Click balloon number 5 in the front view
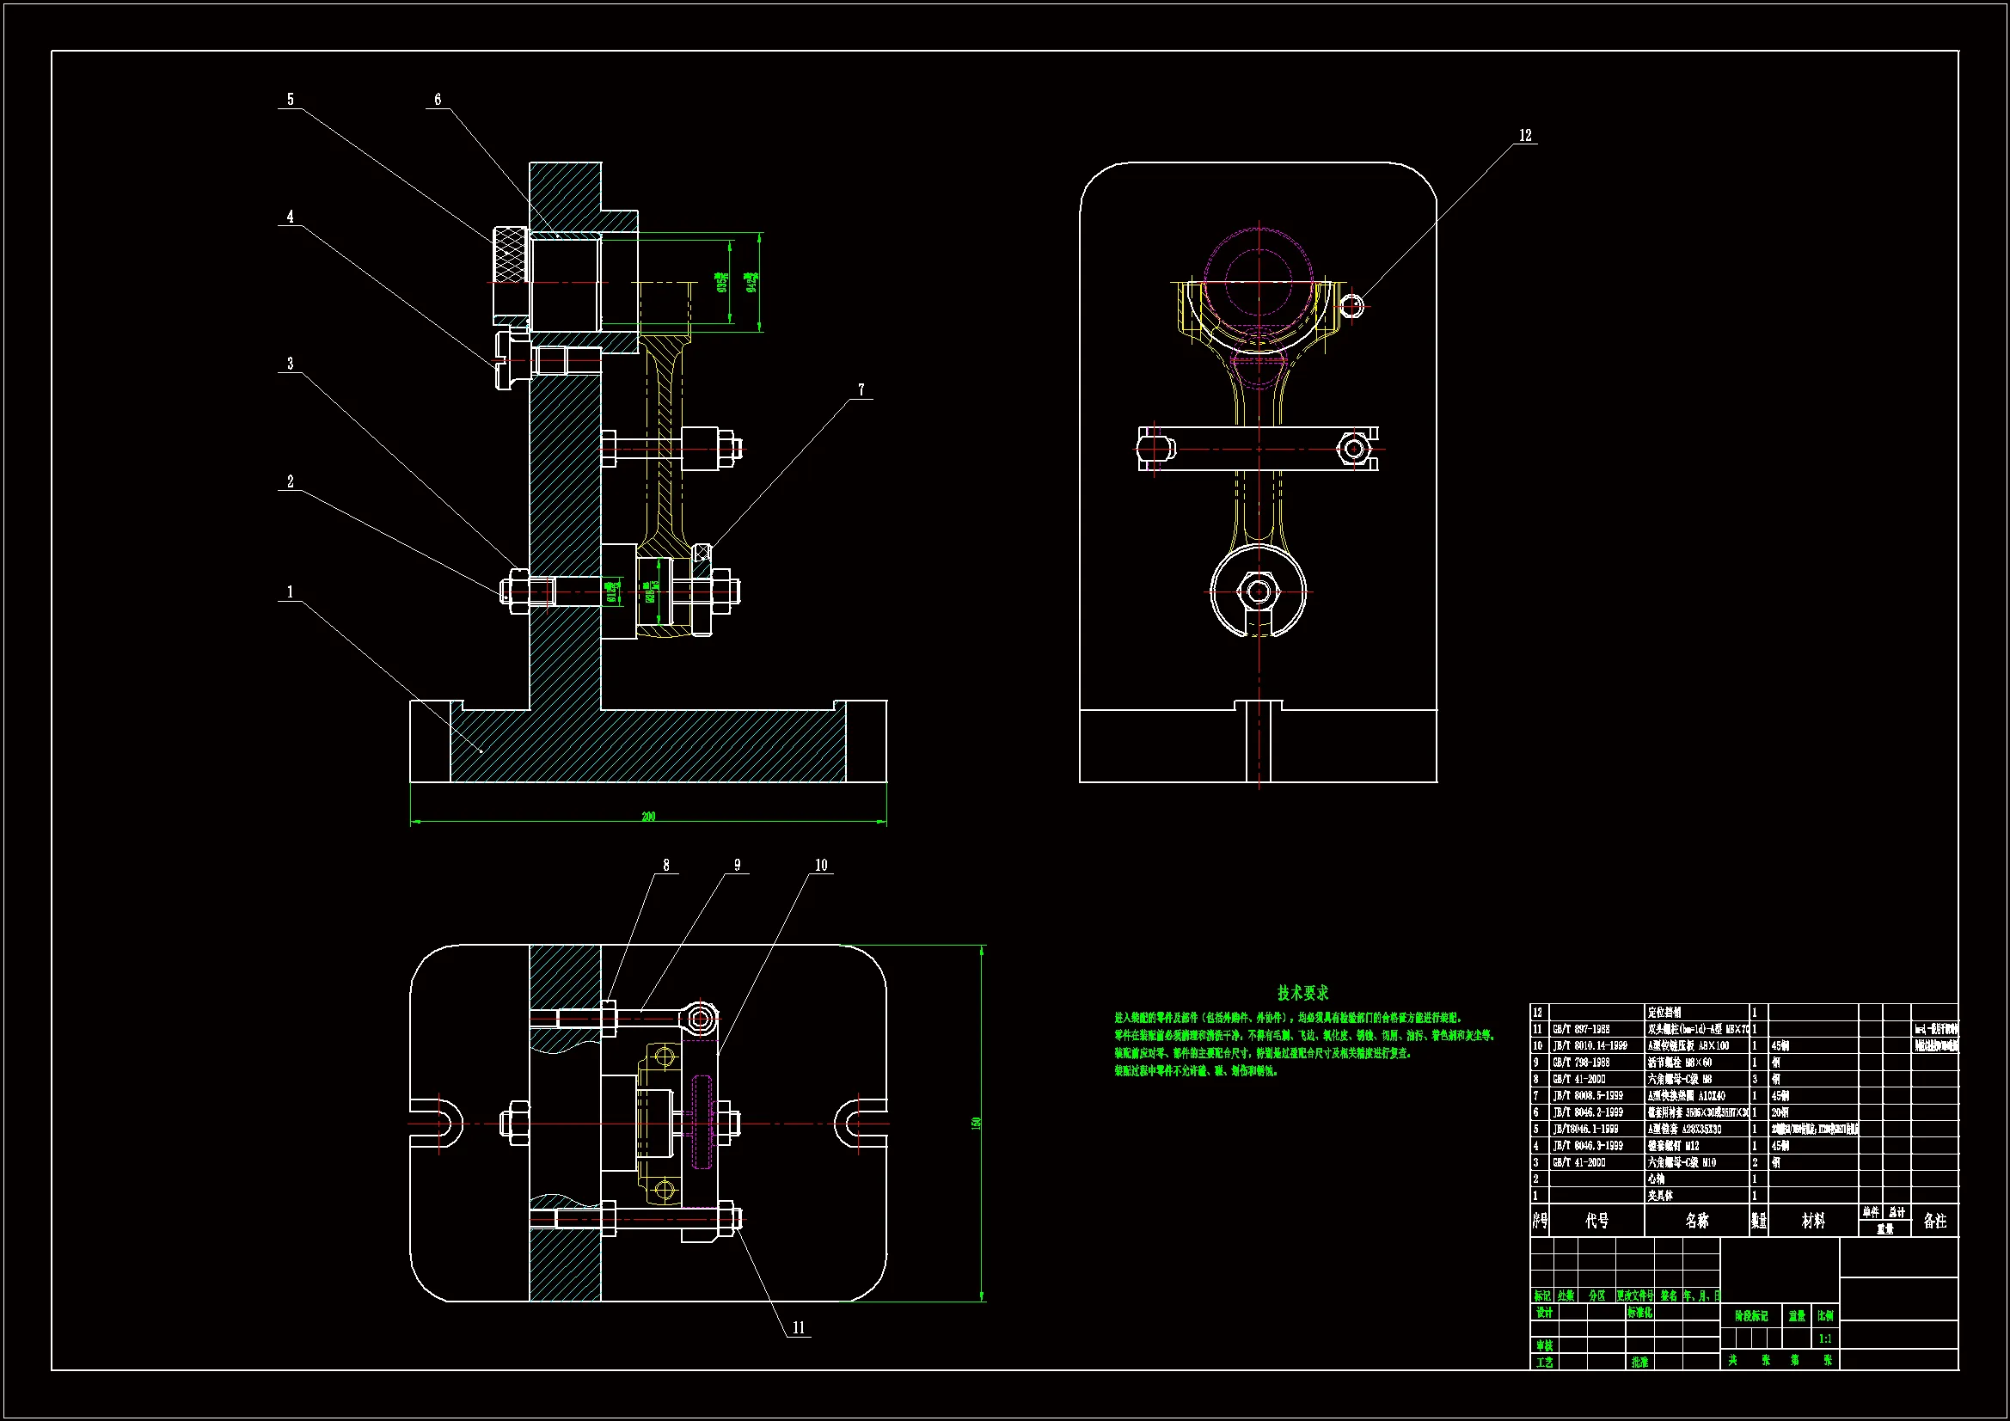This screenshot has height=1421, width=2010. pyautogui.click(x=291, y=100)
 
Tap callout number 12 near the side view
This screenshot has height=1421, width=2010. pyautogui.click(x=1525, y=136)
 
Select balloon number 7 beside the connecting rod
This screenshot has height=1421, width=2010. pyautogui.click(x=861, y=390)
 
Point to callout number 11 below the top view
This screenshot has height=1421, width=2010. pyautogui.click(x=799, y=1327)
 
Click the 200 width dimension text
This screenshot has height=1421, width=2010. pyautogui.click(x=648, y=817)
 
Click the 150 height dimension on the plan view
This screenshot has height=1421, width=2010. pyautogui.click(x=976, y=1123)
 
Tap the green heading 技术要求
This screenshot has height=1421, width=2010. pyautogui.click(x=1302, y=993)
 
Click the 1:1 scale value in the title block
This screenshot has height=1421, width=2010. pyautogui.click(x=1825, y=1338)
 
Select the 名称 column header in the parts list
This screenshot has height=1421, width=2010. pyautogui.click(x=1696, y=1221)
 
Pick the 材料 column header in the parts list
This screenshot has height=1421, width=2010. pyautogui.click(x=1813, y=1221)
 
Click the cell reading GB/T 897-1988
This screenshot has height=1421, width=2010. pyautogui.click(x=1581, y=1030)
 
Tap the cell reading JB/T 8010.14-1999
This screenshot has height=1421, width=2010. pyautogui.click(x=1590, y=1046)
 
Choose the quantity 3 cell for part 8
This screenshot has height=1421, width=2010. pyautogui.click(x=1755, y=1080)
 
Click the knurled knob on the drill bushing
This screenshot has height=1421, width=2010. pyautogui.click(x=510, y=254)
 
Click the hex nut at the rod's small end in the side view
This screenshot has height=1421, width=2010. pyautogui.click(x=1259, y=591)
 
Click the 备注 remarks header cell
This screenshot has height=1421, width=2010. pyautogui.click(x=1934, y=1221)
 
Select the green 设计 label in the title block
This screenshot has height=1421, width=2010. pyautogui.click(x=1544, y=1313)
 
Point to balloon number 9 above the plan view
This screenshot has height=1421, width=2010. pyautogui.click(x=737, y=865)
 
